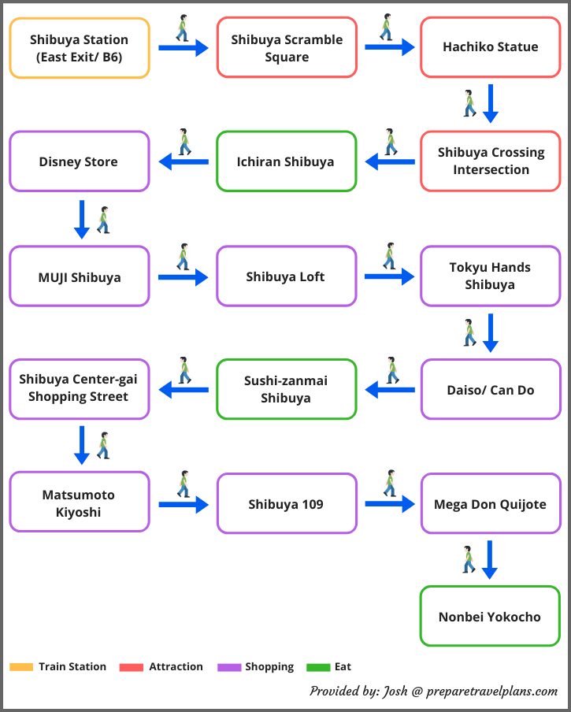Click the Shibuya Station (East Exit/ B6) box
(80, 48)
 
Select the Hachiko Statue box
(491, 47)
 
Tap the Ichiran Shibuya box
(287, 161)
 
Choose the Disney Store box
(80, 161)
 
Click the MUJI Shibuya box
(80, 276)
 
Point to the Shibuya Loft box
(287, 276)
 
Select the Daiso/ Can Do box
(491, 389)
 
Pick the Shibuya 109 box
(287, 503)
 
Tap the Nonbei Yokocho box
(490, 616)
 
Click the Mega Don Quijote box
(491, 503)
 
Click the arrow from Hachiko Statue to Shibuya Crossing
(490, 103)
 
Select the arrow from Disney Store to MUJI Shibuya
(82, 219)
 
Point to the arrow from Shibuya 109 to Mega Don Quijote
(390, 504)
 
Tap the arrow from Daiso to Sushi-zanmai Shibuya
(390, 390)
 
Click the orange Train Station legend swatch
(21, 667)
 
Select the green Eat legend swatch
(318, 667)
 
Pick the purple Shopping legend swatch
(229, 667)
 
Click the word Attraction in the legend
(176, 666)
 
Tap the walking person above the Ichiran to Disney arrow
(184, 142)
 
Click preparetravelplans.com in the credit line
(492, 692)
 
